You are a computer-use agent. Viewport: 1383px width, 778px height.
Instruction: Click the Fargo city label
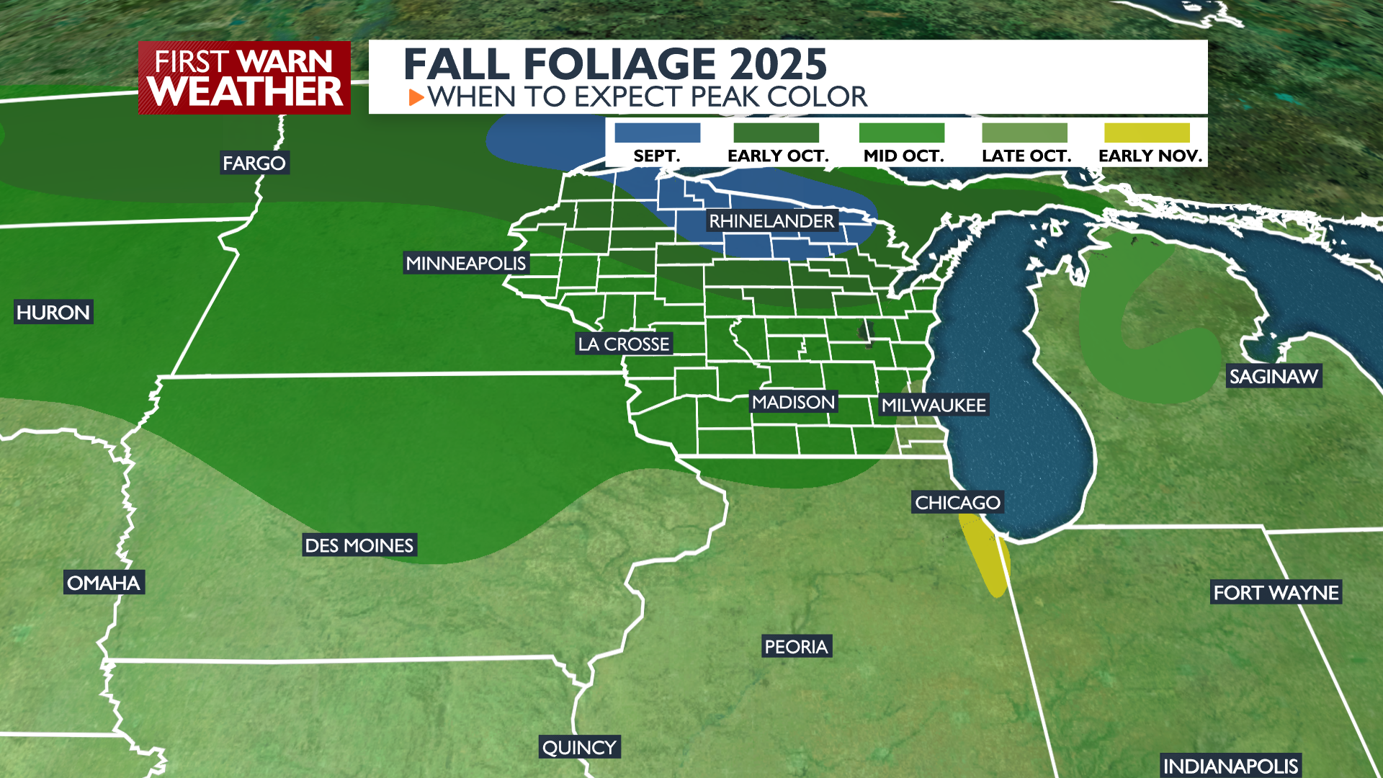click(x=254, y=164)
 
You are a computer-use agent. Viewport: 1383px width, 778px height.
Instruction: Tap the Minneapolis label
click(x=466, y=264)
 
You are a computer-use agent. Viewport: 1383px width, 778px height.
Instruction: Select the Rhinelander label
click(x=771, y=221)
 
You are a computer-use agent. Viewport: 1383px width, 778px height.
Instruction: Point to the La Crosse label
click(x=624, y=344)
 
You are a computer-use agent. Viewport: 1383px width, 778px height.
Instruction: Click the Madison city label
click(x=793, y=402)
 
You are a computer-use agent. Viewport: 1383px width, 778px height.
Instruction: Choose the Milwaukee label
click(x=934, y=406)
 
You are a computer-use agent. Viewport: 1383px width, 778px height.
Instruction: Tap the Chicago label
click(x=957, y=503)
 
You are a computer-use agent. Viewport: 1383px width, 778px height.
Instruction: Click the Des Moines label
click(x=359, y=545)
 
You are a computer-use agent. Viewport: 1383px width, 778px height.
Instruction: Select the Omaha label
click(x=104, y=583)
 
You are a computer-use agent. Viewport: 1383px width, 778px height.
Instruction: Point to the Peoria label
click(x=796, y=647)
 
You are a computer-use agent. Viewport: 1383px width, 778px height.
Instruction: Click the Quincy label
click(x=579, y=748)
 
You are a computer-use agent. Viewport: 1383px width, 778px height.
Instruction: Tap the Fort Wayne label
click(x=1276, y=593)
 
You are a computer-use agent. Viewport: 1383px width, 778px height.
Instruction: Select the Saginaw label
click(x=1274, y=377)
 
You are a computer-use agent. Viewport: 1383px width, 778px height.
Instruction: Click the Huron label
click(x=53, y=313)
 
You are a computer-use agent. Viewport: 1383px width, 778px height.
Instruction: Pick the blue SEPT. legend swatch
click(x=657, y=133)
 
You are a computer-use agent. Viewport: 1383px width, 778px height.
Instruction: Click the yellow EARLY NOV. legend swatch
click(x=1147, y=133)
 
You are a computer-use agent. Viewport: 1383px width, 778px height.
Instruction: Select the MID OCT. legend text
click(x=903, y=156)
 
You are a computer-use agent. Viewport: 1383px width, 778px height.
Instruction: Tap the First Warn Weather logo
click(x=244, y=78)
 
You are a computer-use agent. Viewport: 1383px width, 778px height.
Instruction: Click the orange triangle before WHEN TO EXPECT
click(x=416, y=97)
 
